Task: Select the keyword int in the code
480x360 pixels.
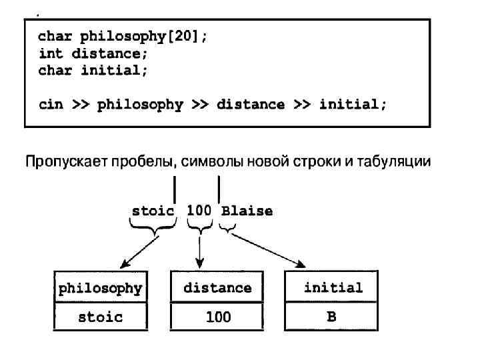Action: tap(50, 53)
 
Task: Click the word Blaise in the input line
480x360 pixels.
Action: tap(247, 211)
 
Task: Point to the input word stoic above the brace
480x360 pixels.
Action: tap(153, 211)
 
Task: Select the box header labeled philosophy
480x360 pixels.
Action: tap(101, 289)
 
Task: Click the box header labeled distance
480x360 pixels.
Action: tap(217, 288)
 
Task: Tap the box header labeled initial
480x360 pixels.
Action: tap(333, 287)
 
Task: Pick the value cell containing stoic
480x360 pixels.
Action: tap(101, 317)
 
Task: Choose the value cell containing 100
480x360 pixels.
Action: tap(217, 317)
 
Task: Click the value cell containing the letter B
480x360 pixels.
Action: tap(331, 316)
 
